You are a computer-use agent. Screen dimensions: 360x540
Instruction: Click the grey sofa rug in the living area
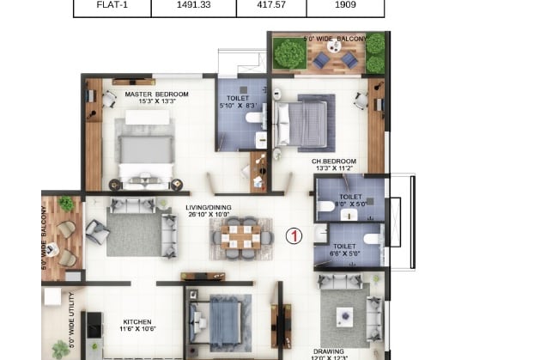(133, 234)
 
